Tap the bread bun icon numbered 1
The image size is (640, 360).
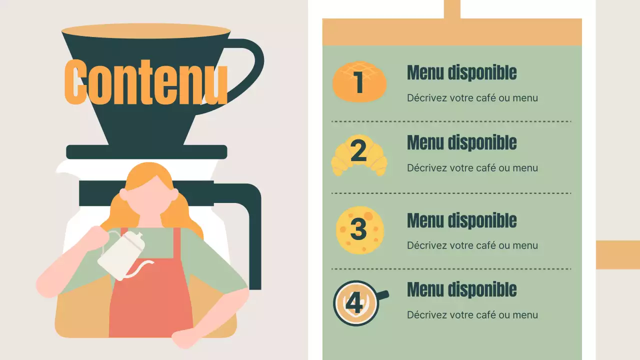[359, 82]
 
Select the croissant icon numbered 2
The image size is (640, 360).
[359, 154]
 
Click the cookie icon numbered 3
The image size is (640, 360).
[359, 229]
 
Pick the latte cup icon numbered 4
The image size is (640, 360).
[356, 303]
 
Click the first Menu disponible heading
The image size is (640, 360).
[461, 73]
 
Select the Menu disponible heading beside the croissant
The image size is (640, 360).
[461, 143]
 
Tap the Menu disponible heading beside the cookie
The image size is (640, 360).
[461, 220]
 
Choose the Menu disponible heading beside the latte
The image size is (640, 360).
[461, 290]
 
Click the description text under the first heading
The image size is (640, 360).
[472, 98]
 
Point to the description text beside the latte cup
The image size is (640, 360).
[472, 315]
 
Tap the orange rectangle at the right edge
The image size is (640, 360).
[617, 254]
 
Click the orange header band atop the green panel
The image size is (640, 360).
[451, 32]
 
